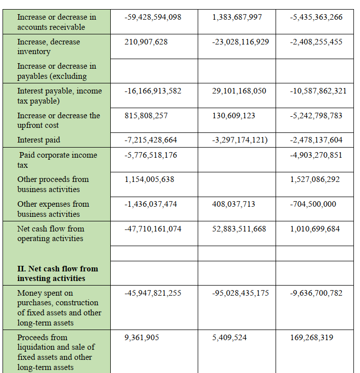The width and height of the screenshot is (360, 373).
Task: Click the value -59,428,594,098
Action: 153,17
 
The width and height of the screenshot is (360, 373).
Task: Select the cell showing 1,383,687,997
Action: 237,17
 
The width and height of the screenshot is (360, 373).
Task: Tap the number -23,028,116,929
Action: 240,42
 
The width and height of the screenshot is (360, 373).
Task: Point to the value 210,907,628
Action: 146,42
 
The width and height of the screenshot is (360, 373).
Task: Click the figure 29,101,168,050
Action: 239,91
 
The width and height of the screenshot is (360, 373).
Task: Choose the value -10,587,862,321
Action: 319,91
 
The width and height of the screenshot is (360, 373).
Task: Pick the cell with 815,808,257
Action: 146,116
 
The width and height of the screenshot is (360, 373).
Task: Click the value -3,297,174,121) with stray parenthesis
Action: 240,140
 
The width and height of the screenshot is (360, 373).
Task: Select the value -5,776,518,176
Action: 151,155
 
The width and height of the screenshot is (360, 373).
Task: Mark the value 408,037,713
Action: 234,204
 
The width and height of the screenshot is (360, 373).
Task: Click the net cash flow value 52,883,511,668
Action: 239,229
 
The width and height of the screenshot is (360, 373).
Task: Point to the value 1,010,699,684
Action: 315,229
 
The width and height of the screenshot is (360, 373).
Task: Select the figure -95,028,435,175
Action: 240,293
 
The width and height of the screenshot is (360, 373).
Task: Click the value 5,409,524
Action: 230,338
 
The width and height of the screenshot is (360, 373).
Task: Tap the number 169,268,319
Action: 311,338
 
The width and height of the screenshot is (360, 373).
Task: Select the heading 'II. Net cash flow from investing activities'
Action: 58,273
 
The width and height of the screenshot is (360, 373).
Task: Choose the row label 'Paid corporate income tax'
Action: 57,160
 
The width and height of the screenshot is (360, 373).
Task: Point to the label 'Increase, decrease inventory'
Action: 49,46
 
